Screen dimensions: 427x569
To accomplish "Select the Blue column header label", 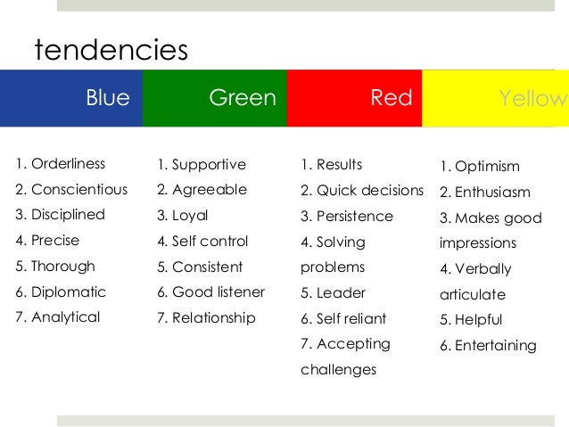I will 108,98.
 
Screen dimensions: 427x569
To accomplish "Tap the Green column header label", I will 243,98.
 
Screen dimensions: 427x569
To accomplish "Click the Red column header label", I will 392,98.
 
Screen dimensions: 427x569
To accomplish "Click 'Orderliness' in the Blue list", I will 68,164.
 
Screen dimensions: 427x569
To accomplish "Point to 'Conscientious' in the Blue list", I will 79,190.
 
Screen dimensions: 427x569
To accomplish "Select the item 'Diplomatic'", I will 69,292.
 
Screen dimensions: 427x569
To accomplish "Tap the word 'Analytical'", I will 66,317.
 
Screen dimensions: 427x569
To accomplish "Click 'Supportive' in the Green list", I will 209,165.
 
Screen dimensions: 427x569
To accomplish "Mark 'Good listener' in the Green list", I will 219,292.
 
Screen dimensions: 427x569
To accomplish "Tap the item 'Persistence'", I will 355,216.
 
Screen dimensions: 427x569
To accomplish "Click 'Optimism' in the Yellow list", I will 487,167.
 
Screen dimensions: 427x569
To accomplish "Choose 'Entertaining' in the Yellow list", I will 495,346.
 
